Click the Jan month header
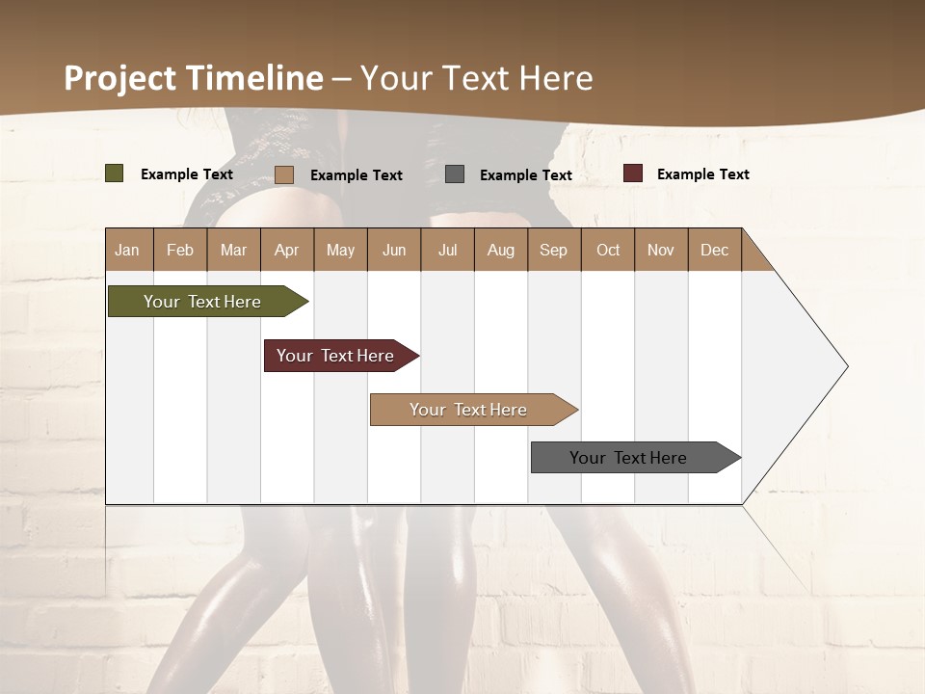click(128, 250)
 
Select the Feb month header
click(180, 250)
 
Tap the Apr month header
click(286, 250)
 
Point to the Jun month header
click(394, 250)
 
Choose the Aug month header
click(500, 250)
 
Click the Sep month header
click(553, 250)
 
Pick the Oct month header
click(608, 250)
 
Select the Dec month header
click(714, 250)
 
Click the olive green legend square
click(115, 173)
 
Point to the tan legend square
click(284, 174)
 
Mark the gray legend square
click(455, 174)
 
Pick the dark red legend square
click(633, 173)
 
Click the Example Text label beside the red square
click(702, 173)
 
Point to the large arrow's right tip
click(846, 366)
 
